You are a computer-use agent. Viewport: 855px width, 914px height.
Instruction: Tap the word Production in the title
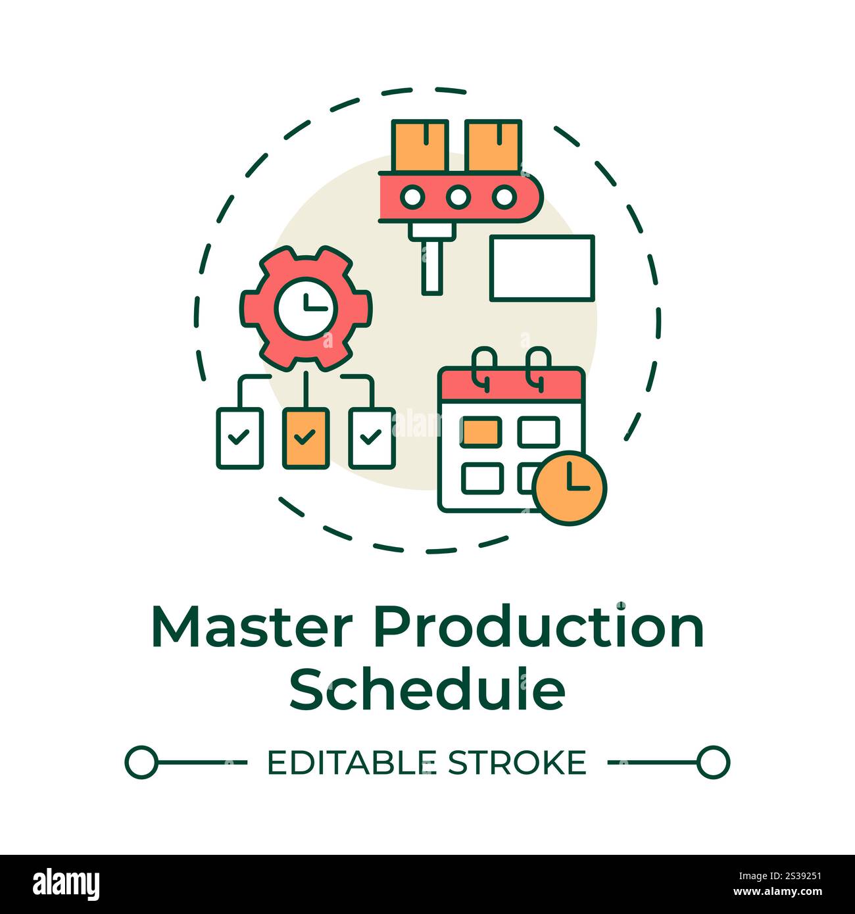click(x=539, y=628)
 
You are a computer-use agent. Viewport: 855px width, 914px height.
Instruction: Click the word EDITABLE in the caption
click(x=351, y=763)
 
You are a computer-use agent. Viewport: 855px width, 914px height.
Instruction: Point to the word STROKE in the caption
click(x=516, y=763)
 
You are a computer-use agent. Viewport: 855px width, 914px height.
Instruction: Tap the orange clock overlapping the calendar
click(x=570, y=488)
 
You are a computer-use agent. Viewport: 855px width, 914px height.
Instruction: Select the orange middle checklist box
click(x=306, y=438)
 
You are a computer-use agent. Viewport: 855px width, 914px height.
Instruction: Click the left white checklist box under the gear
click(x=240, y=438)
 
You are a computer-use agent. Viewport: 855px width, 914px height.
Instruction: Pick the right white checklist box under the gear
click(x=372, y=438)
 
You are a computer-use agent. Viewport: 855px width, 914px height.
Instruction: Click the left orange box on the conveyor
click(x=420, y=146)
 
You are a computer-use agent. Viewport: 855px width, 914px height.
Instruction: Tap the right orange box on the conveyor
click(x=493, y=146)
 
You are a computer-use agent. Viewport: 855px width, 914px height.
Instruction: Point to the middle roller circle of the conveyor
click(x=458, y=197)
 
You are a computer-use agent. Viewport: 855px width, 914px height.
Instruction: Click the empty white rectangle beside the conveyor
click(x=542, y=268)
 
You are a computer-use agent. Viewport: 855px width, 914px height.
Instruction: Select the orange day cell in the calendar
click(x=481, y=431)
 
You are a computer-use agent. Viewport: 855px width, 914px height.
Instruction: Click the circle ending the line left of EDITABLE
click(x=141, y=763)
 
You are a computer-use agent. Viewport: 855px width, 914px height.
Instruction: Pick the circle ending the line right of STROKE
click(x=713, y=763)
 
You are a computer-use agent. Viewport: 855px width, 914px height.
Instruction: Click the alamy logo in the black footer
click(x=66, y=884)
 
